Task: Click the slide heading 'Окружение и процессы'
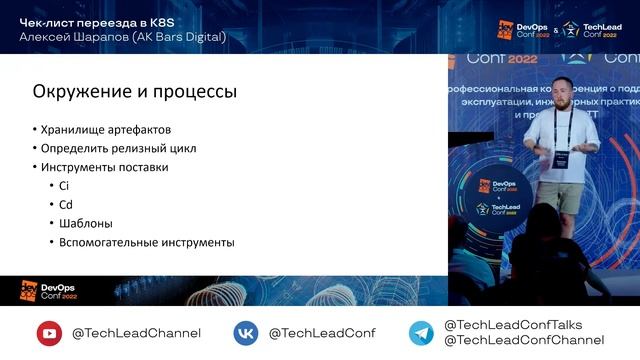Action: pos(135,92)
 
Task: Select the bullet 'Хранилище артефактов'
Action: pos(106,130)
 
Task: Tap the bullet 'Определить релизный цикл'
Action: pos(118,149)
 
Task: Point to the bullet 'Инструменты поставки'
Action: pos(105,167)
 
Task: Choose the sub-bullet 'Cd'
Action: pos(67,204)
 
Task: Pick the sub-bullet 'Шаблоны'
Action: pos(86,223)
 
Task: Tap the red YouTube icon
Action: pos(49,333)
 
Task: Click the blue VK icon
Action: pos(246,333)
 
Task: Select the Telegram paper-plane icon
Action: pos(421,333)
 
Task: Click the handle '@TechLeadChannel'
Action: pos(136,333)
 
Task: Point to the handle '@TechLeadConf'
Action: pos(321,333)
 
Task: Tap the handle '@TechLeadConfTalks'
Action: pos(512,325)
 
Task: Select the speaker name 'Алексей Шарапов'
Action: pos(75,37)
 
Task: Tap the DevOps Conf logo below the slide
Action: pos(47,290)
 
